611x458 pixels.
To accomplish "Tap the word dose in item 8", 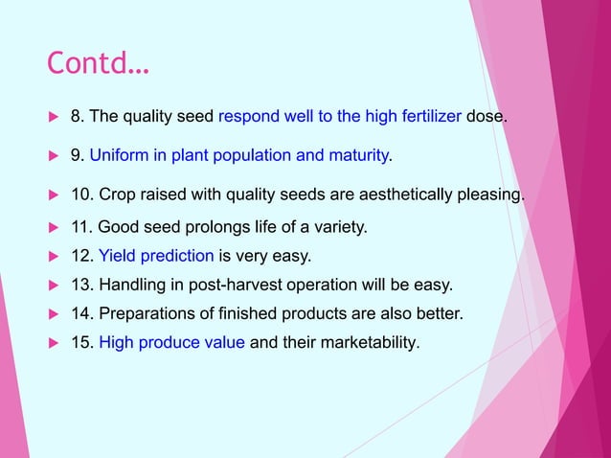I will coord(486,117).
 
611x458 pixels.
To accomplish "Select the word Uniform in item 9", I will coord(117,155).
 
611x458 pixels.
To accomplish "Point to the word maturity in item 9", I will coord(356,155).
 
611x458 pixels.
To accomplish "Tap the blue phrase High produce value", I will coord(171,341).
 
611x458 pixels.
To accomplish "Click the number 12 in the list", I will coord(80,256).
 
